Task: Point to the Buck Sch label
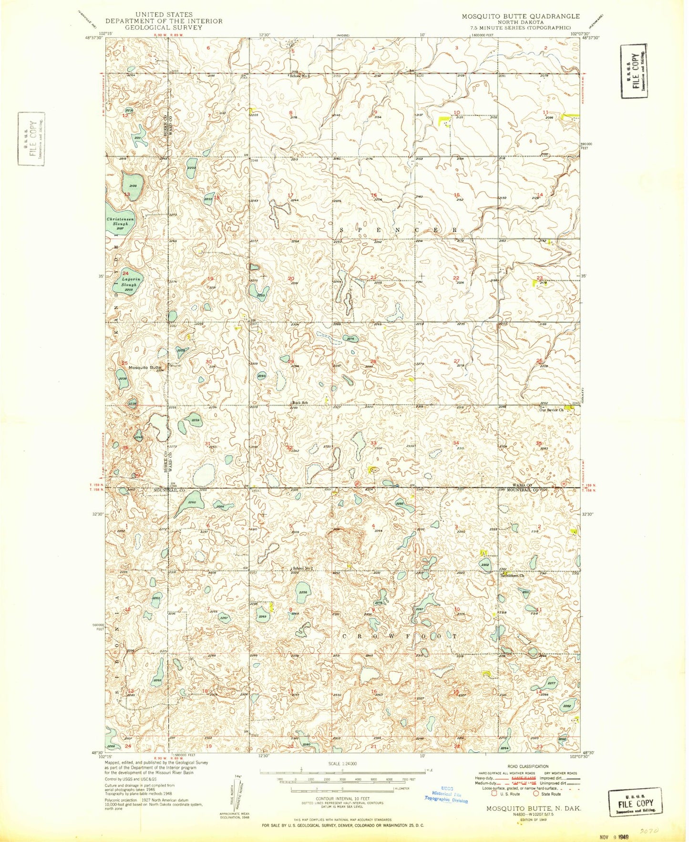coord(300,403)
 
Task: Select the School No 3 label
coord(300,76)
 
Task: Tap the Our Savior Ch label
coord(551,410)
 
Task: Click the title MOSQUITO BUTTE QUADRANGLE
coord(521,16)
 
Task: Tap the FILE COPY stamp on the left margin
coord(31,139)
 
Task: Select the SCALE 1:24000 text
coord(342,764)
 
